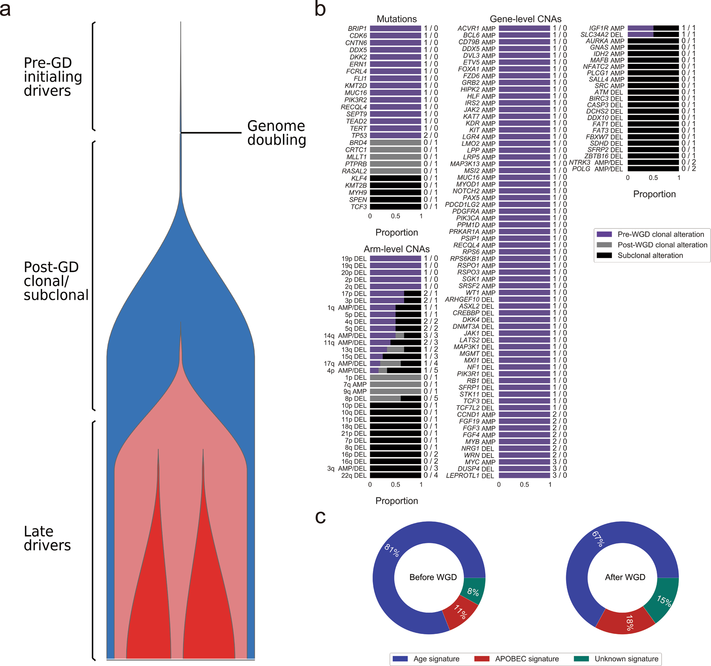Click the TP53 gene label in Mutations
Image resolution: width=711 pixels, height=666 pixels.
(359, 136)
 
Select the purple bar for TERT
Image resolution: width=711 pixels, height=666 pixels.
(395, 128)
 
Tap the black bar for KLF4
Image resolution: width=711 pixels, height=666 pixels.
(395, 178)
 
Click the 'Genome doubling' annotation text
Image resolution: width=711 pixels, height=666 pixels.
(277, 133)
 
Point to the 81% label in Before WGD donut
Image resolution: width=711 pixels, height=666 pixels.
(392, 550)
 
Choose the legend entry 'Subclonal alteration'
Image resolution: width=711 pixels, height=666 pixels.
(650, 255)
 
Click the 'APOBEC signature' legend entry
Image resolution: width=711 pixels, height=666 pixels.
(526, 659)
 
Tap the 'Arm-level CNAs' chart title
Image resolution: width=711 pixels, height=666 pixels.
(397, 249)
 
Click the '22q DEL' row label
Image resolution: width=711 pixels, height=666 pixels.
(354, 476)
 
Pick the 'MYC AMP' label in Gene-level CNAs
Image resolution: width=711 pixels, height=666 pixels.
(480, 462)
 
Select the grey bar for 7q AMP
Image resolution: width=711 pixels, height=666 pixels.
(395, 384)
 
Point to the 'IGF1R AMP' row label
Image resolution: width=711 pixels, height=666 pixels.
(606, 28)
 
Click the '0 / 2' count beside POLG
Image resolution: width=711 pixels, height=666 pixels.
(689, 169)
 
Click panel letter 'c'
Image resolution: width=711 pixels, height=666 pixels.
(320, 517)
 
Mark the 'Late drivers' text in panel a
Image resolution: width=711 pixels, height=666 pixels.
(47, 538)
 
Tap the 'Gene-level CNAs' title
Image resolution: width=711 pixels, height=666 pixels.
(525, 19)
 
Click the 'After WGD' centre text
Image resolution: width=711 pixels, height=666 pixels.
(625, 577)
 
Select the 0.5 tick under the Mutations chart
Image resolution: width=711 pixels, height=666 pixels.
(395, 216)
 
